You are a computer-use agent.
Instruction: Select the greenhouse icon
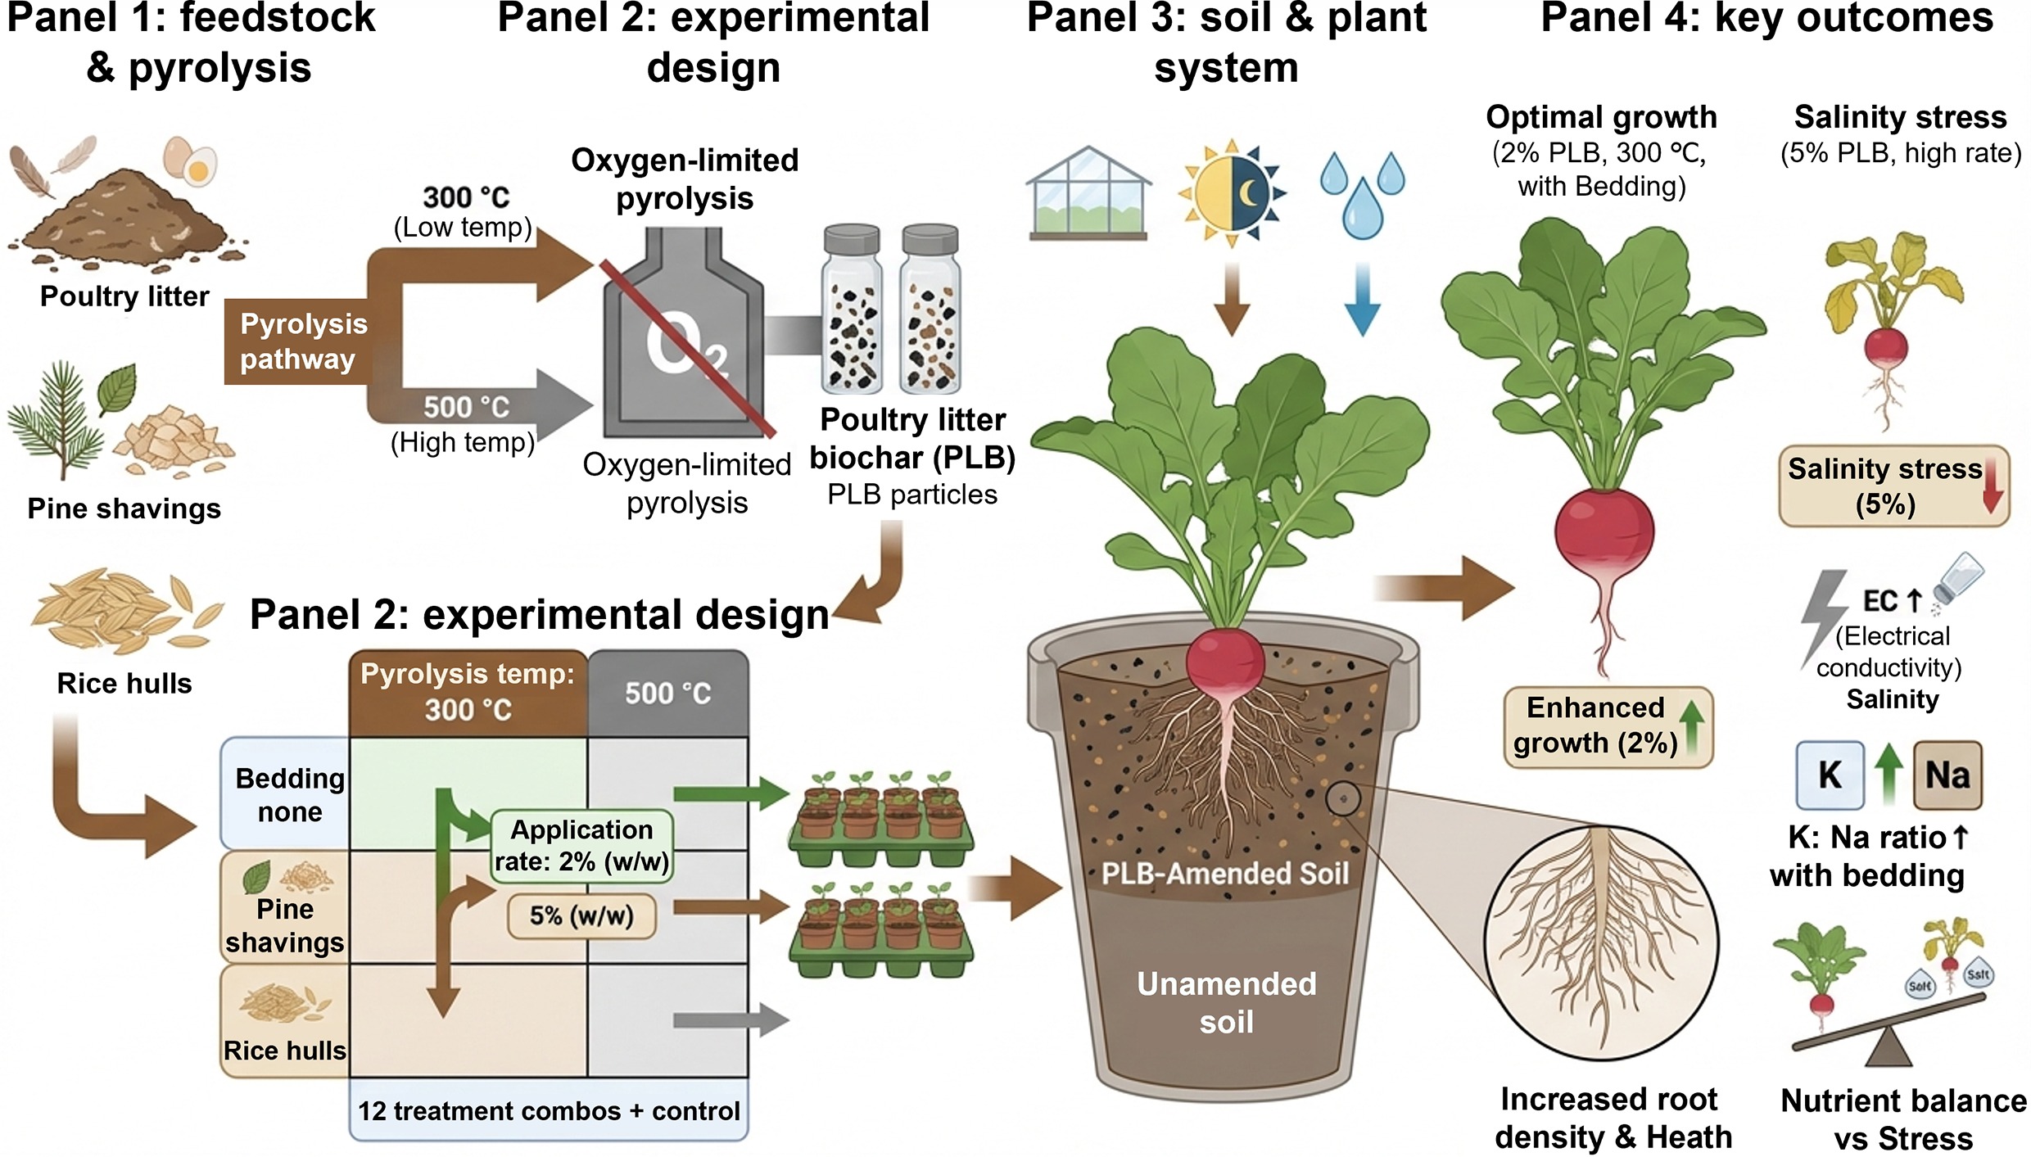[1088, 193]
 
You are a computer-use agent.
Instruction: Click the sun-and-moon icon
[1231, 193]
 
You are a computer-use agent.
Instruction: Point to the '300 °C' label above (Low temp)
[466, 197]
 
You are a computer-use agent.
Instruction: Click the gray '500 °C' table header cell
[667, 694]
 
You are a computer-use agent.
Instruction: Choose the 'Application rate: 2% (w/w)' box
[581, 846]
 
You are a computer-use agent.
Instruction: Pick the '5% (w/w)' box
[581, 915]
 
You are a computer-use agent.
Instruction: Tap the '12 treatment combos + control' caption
[549, 1111]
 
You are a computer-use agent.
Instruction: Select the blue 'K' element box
[1830, 775]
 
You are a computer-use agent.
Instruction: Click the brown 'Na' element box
[1947, 775]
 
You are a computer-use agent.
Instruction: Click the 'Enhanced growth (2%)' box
[1607, 726]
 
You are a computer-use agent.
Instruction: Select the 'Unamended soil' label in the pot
[1226, 1002]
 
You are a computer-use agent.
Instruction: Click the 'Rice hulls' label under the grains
[124, 683]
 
